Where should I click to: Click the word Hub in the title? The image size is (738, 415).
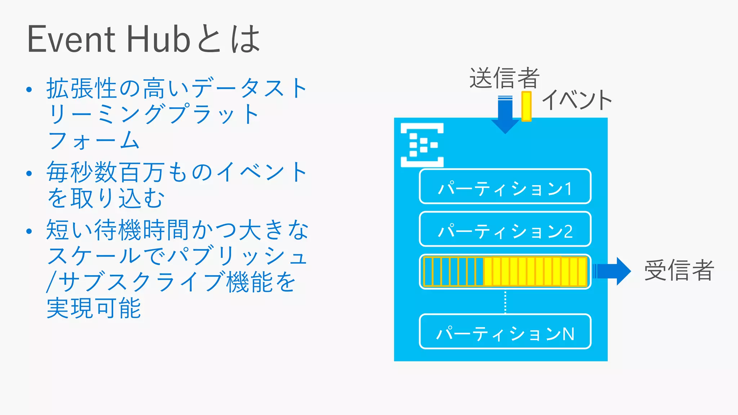pos(159,39)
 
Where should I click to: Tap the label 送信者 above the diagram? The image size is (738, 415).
pos(504,78)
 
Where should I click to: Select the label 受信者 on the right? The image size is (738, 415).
pos(679,270)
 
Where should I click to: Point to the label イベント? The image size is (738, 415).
pos(577,100)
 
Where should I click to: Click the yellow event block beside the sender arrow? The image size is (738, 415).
pos(526,106)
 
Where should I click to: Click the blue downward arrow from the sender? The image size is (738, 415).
pos(505,115)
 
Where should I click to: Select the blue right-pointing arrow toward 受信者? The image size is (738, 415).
pos(613,271)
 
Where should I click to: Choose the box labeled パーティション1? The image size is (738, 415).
pos(505,187)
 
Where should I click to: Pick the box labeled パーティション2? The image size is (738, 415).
pos(505,229)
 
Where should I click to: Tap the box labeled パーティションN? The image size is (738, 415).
pos(505,332)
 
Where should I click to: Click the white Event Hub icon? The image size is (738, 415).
pos(422,145)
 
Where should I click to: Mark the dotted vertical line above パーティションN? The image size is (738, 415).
pos(505,302)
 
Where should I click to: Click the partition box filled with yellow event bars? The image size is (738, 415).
pos(505,271)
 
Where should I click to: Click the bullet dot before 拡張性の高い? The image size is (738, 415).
pos(29,89)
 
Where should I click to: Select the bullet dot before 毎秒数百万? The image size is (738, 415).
pos(29,174)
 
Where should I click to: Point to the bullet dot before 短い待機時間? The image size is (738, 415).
pos(29,231)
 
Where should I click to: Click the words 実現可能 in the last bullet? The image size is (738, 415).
pos(94,308)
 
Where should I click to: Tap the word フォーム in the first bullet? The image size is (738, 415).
pos(94,140)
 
